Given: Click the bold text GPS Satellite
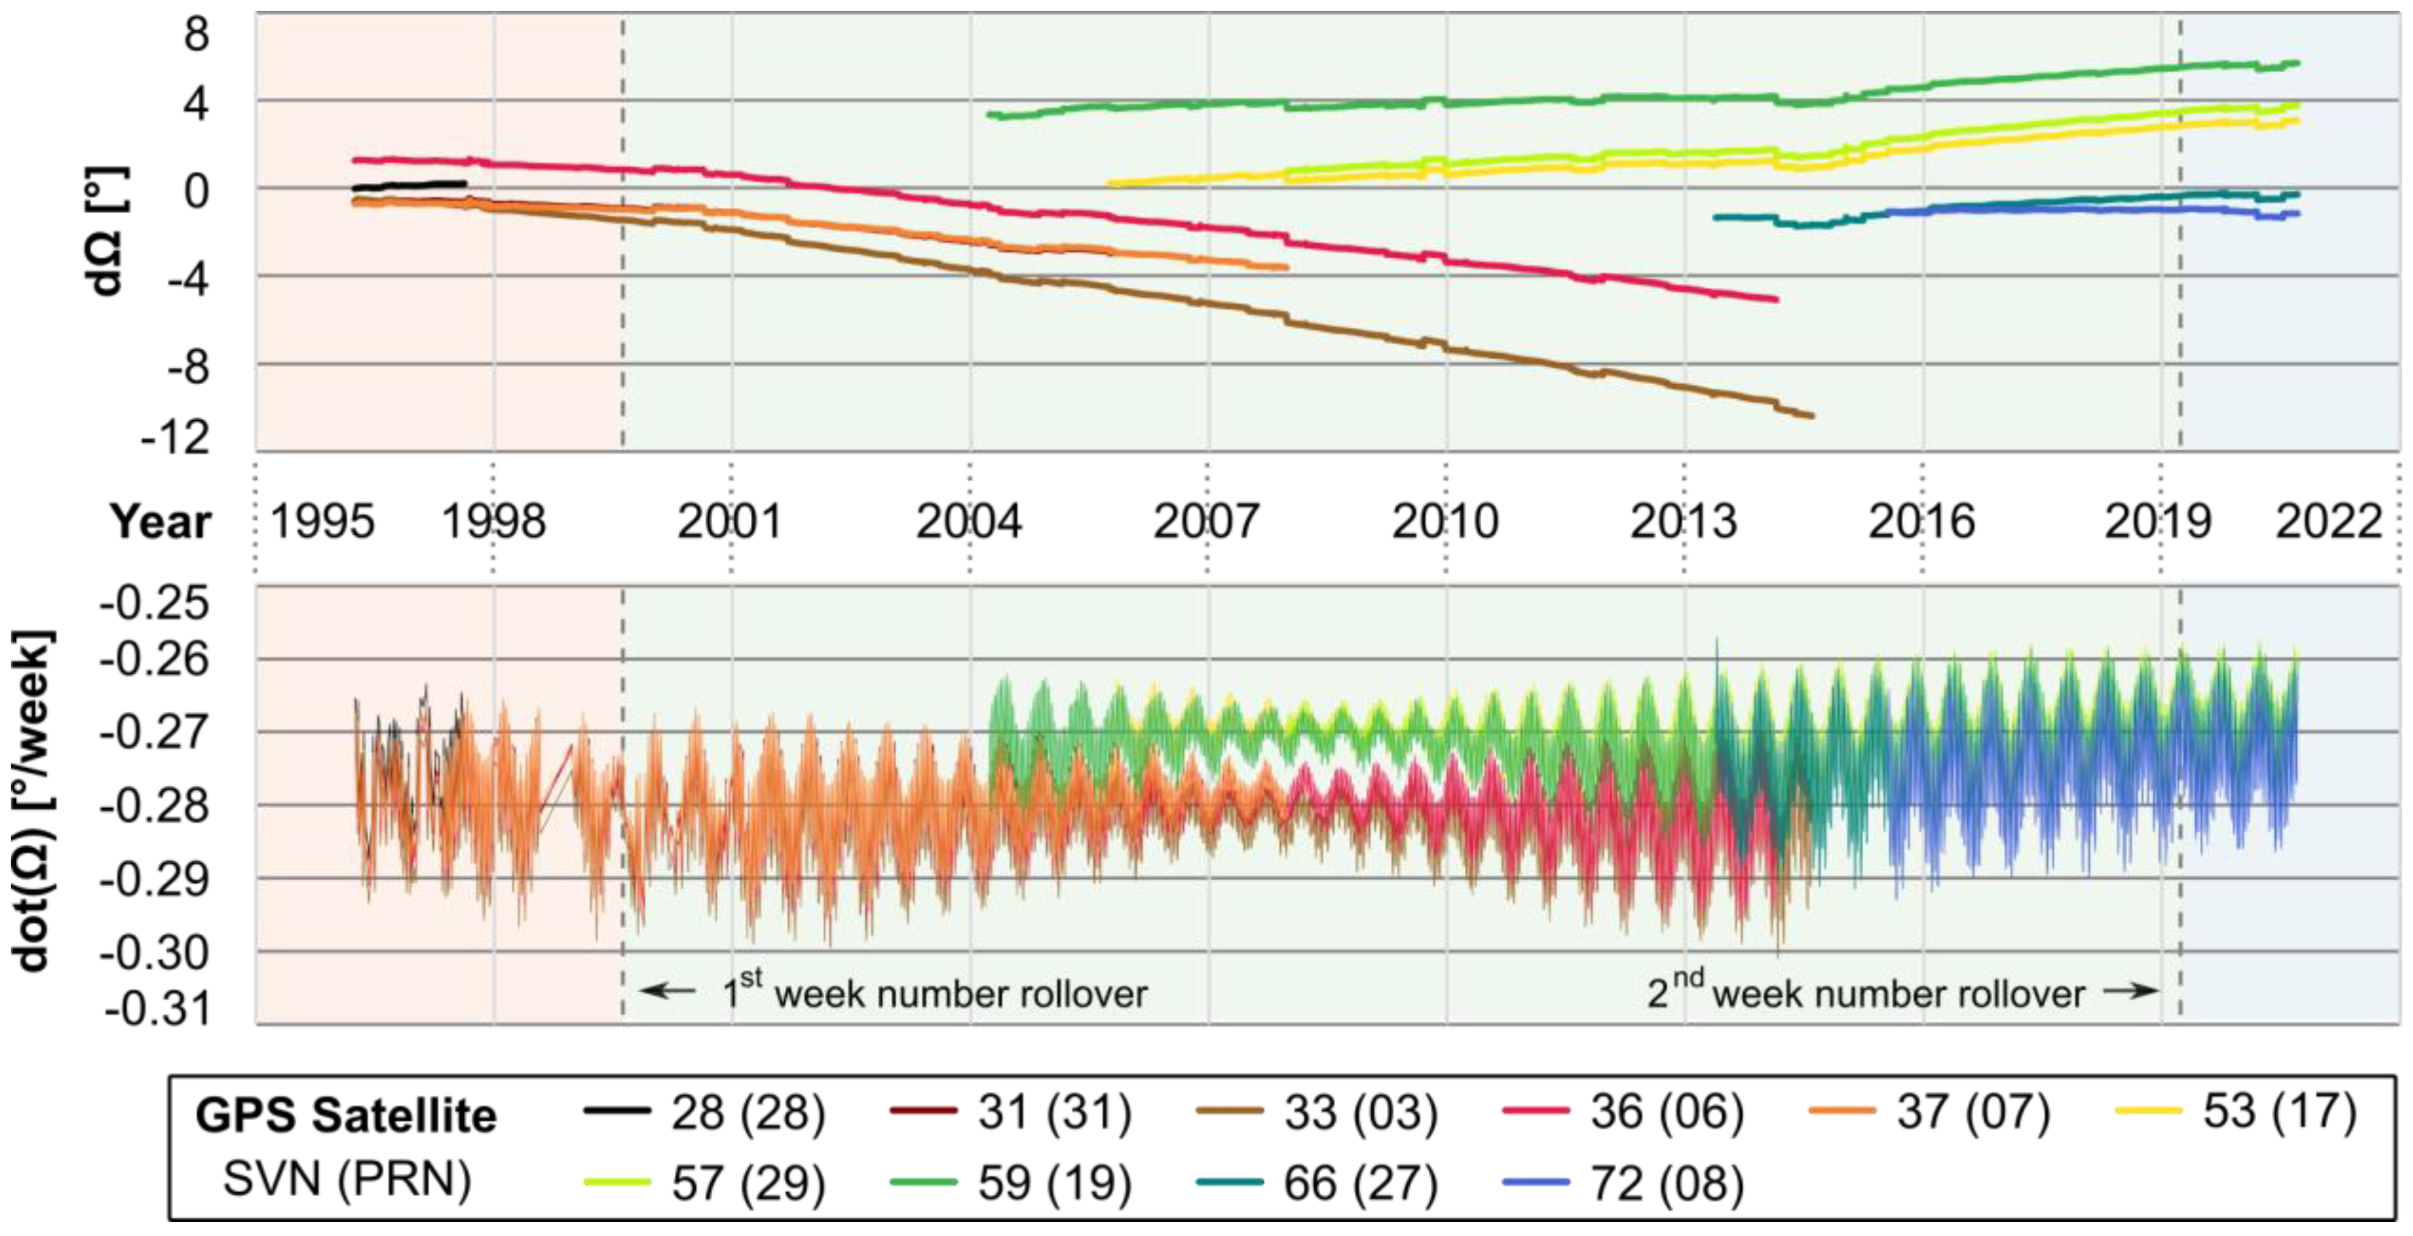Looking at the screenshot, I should [345, 1116].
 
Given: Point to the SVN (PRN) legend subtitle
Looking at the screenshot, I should [347, 1180].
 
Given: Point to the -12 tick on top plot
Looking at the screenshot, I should [175, 437].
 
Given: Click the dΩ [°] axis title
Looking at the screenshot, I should [106, 232].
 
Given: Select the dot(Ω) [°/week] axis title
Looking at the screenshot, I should [33, 802].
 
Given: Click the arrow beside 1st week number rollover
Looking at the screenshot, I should [667, 990].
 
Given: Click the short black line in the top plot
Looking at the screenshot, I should [409, 185].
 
